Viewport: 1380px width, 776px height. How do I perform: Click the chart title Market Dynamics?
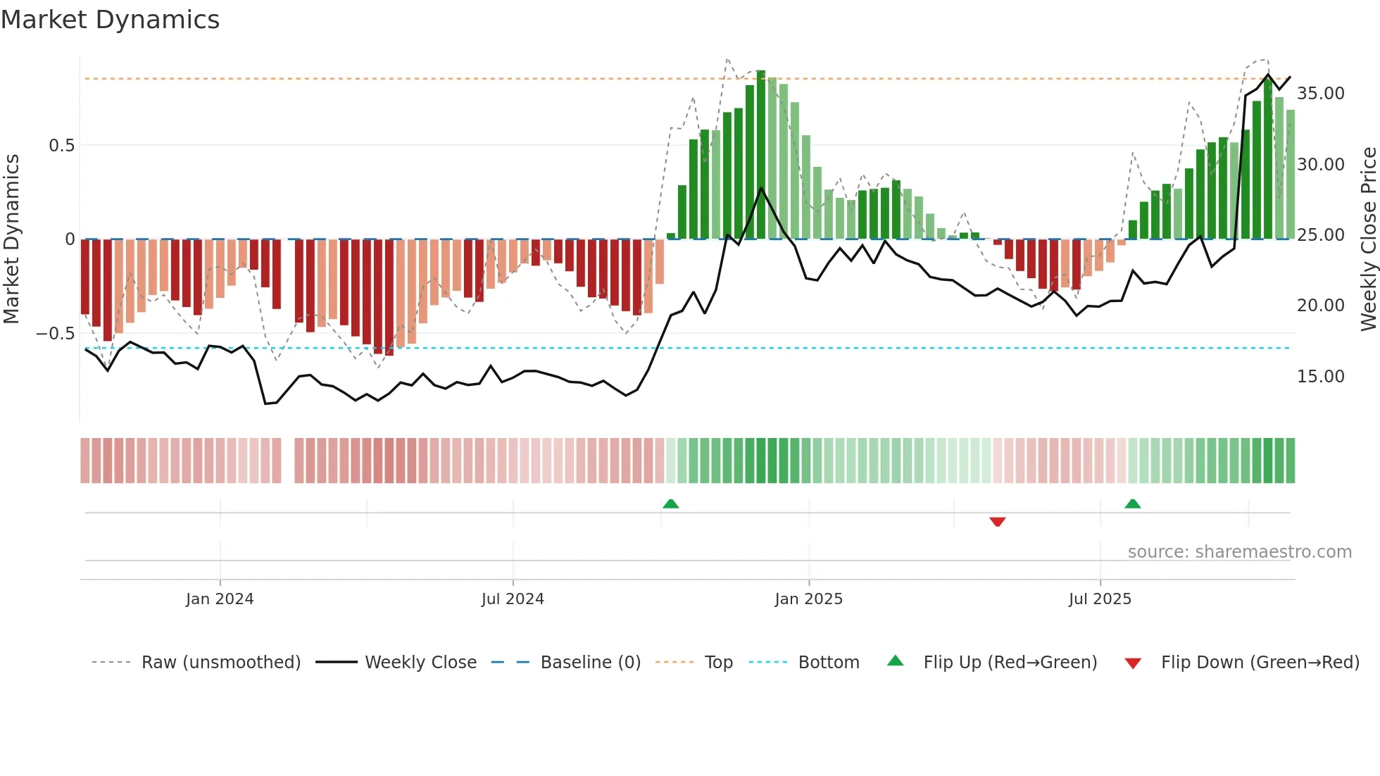[110, 20]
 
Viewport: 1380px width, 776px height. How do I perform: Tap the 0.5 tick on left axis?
[61, 146]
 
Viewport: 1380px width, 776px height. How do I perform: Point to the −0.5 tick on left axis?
[56, 334]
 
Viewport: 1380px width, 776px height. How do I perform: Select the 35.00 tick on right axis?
[1320, 94]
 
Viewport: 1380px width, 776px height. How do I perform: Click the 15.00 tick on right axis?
[1320, 377]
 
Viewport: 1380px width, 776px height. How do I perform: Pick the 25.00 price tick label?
[1320, 235]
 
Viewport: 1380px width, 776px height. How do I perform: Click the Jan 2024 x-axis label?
[220, 599]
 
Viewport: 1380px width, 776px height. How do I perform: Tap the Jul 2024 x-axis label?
[513, 599]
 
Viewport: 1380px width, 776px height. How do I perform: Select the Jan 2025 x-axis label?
[808, 599]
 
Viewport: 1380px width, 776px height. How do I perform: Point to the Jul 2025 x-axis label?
[1100, 599]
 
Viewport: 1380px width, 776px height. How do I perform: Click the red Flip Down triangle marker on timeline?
[997, 522]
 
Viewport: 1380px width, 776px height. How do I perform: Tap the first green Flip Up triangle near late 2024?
[670, 503]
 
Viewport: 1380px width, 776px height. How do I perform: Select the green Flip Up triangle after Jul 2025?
[1132, 503]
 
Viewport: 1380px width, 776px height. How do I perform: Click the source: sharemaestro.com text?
[1239, 552]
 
